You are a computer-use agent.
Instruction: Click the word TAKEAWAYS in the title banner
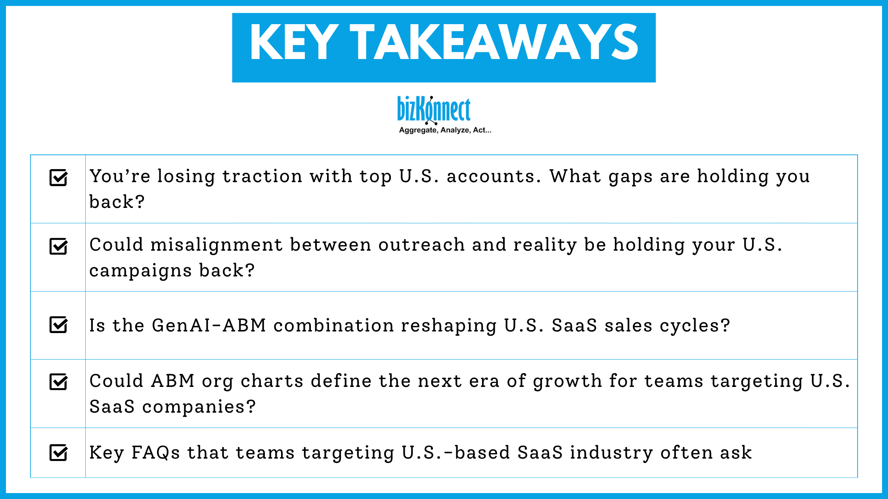click(x=494, y=42)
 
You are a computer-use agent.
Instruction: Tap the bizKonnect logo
click(x=434, y=109)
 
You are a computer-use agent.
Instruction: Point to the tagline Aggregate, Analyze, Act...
click(x=445, y=130)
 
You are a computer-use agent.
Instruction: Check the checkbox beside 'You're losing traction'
click(x=58, y=177)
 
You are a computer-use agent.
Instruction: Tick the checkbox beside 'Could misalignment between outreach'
click(x=58, y=246)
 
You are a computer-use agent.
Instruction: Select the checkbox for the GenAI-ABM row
click(x=58, y=325)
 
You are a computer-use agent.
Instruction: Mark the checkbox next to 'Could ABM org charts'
click(x=58, y=382)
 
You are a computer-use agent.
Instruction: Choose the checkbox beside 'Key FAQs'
click(x=58, y=453)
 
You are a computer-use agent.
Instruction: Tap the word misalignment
click(x=216, y=245)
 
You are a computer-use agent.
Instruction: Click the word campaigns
click(x=141, y=271)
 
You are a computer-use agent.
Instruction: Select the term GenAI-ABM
click(x=209, y=326)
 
